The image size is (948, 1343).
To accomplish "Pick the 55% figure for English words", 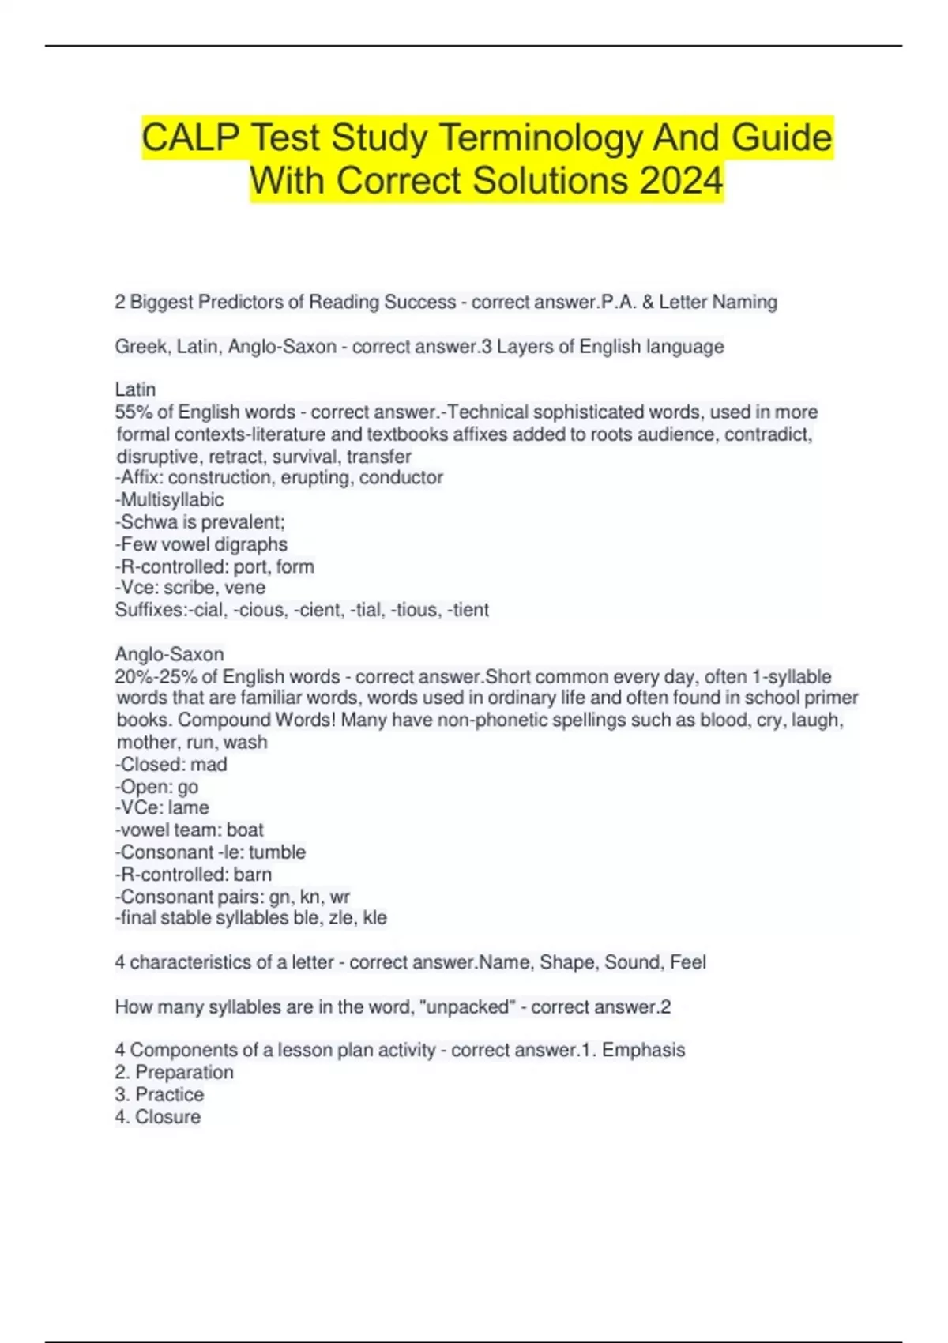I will pyautogui.click(x=134, y=412).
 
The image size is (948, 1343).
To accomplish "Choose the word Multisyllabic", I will pyautogui.click(x=171, y=500).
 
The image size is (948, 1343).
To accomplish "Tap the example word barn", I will pyautogui.click(x=252, y=875).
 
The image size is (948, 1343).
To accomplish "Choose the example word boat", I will pyautogui.click(x=245, y=830).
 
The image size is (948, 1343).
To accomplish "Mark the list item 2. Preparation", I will pyautogui.click(x=175, y=1073).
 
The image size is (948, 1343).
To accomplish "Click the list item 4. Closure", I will pyautogui.click(x=158, y=1117).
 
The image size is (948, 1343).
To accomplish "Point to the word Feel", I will pyautogui.click(x=687, y=962).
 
